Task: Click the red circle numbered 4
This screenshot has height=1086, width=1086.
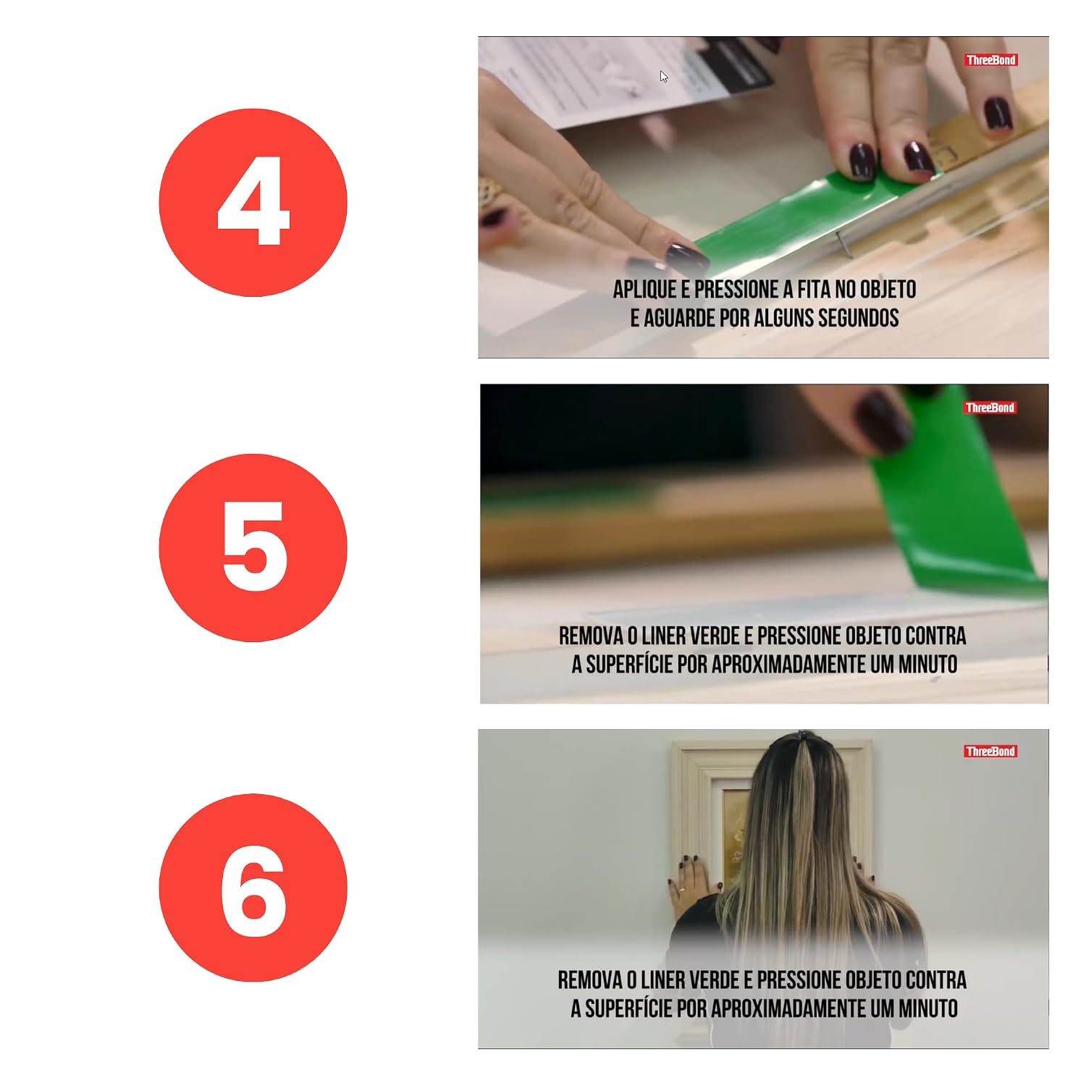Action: tap(253, 203)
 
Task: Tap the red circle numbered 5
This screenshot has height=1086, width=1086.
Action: tap(253, 547)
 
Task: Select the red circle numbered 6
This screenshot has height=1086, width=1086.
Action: tap(253, 888)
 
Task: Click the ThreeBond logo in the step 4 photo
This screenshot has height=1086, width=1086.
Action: tap(990, 60)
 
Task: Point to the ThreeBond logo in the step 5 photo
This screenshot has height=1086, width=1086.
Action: tap(990, 408)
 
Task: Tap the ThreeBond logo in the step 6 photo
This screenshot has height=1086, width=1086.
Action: tap(990, 752)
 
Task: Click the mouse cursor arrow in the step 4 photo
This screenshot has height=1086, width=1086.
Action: tap(664, 77)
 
